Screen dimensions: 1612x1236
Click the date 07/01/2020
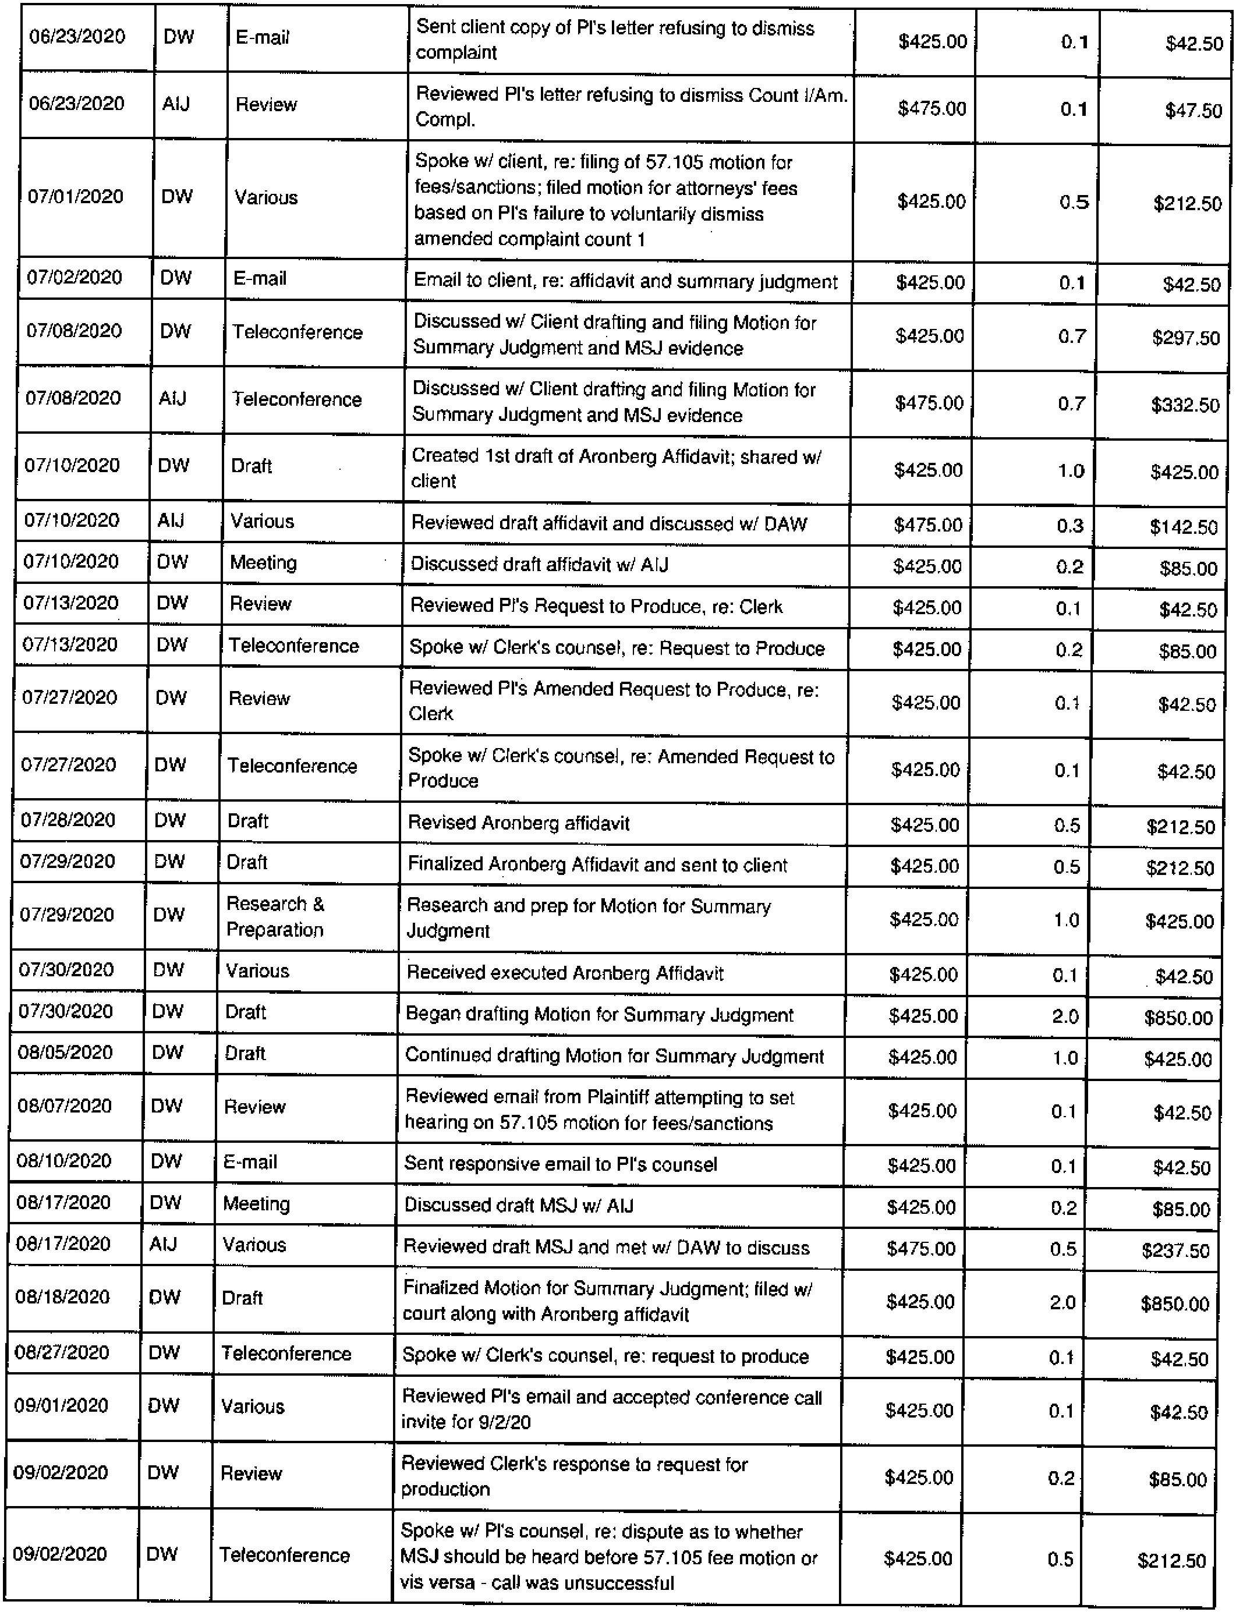click(76, 196)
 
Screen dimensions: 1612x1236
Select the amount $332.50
click(1185, 405)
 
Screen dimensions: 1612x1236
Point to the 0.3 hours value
click(1071, 525)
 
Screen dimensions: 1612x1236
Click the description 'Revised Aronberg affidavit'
click(519, 823)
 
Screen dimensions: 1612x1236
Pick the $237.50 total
click(1175, 1250)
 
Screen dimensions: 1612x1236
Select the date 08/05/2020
click(65, 1053)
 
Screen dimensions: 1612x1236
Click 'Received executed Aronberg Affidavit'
click(565, 973)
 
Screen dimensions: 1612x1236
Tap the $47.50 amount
click(1193, 111)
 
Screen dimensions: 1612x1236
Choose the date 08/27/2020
click(62, 1353)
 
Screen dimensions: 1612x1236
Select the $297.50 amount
click(1186, 338)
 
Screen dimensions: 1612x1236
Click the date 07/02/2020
click(75, 277)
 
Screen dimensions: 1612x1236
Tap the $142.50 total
click(1184, 527)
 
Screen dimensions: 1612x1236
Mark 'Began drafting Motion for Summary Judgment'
click(600, 1015)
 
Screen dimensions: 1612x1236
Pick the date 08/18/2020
click(62, 1297)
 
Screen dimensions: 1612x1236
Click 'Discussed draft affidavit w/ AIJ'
click(539, 564)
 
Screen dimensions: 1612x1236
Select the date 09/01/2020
click(61, 1405)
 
